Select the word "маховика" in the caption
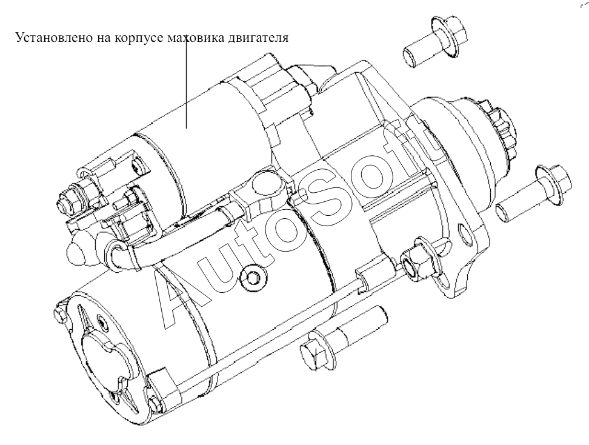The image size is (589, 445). tap(194, 38)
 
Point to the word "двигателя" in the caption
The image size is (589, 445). tap(258, 38)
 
